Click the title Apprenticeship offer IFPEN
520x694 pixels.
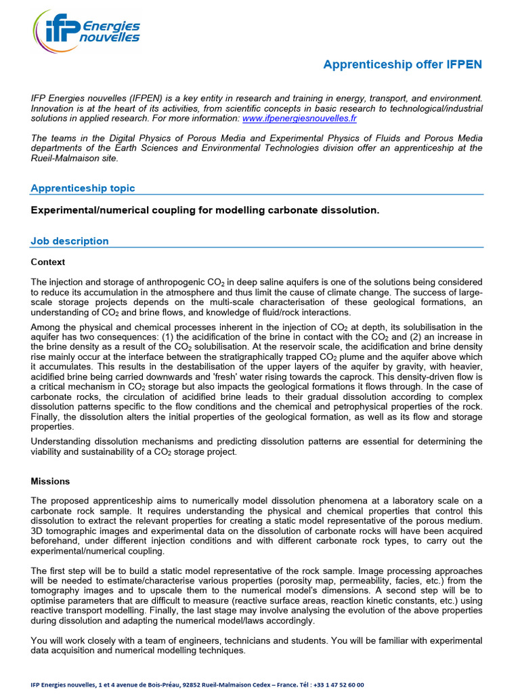[x=402, y=64]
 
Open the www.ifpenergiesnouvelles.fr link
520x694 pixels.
[x=299, y=118]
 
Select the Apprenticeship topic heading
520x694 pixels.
[x=83, y=188]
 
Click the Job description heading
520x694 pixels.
[x=70, y=241]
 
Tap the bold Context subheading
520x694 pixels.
[x=48, y=262]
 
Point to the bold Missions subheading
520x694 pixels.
[x=50, y=481]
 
